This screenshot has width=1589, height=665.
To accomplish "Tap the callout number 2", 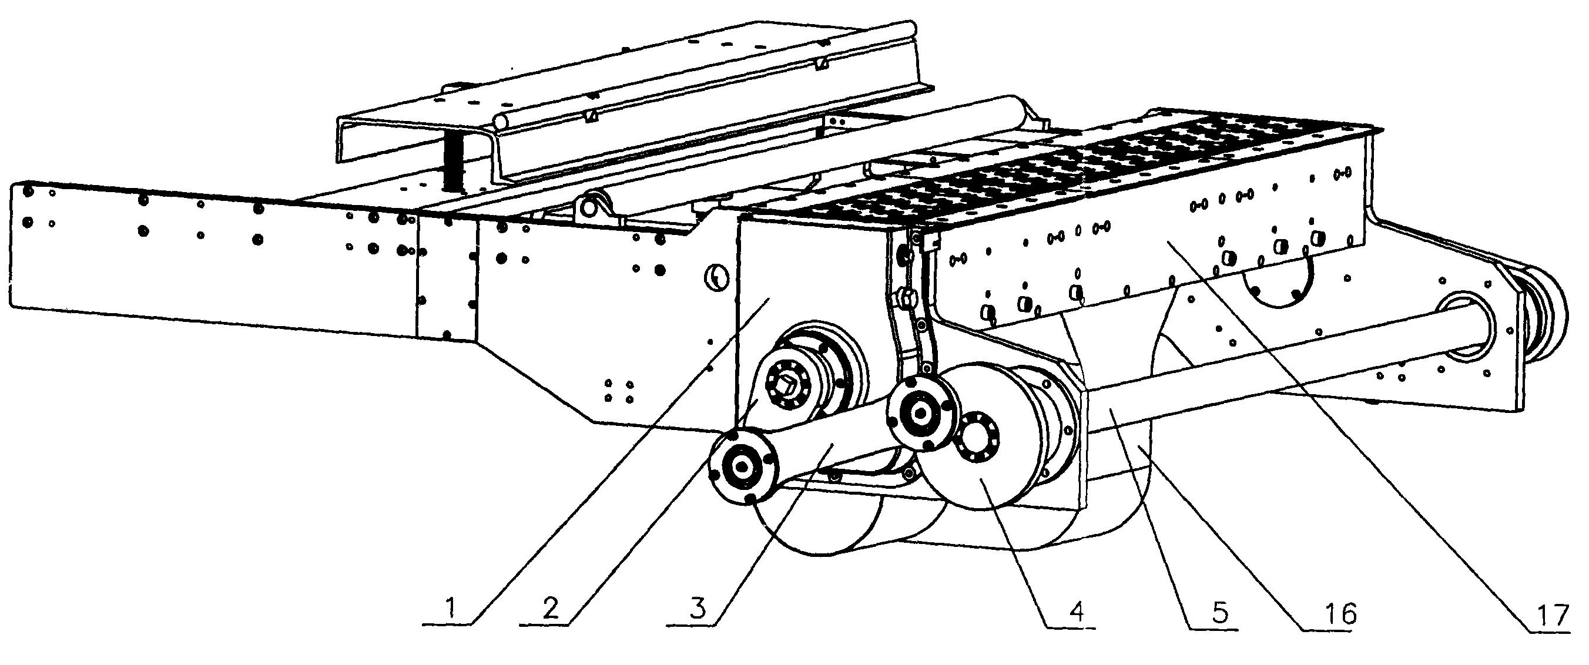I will tap(551, 609).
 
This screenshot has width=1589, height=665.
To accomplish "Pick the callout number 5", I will tap(1219, 613).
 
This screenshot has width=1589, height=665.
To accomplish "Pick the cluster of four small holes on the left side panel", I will tap(619, 391).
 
